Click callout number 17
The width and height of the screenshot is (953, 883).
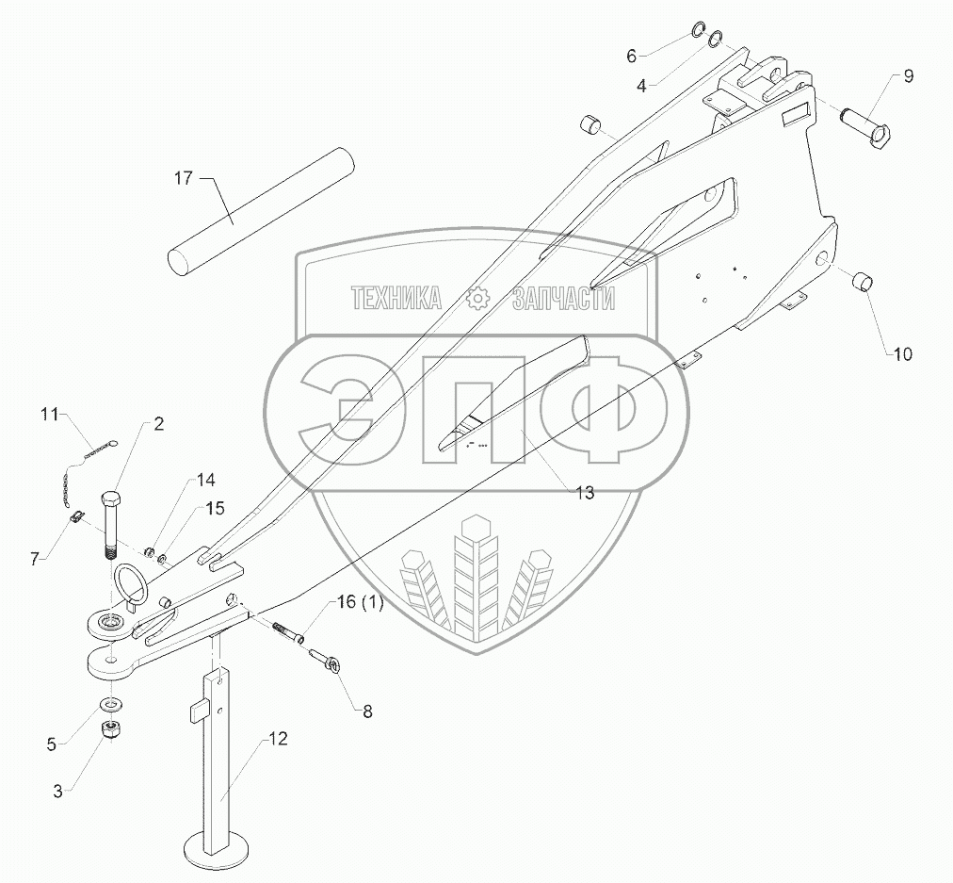(x=185, y=176)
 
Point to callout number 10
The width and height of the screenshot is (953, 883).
(x=902, y=354)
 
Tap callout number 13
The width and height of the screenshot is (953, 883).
(x=585, y=493)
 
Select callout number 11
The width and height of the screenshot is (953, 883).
(x=50, y=414)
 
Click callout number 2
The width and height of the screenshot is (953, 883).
(x=158, y=424)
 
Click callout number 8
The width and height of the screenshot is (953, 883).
(x=367, y=712)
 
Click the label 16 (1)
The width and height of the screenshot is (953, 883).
(x=358, y=604)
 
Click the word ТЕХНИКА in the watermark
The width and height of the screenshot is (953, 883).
(x=396, y=300)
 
